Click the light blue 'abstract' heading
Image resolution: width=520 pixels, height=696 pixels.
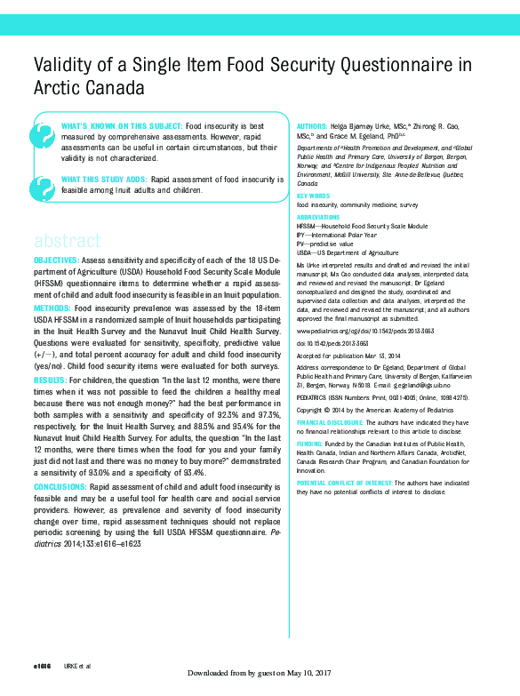click(68, 241)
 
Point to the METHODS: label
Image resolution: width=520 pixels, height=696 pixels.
click(52, 308)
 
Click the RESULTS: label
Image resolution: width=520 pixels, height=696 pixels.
click(51, 380)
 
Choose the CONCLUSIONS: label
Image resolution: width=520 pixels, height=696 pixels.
click(60, 487)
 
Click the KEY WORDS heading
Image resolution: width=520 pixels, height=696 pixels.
click(313, 196)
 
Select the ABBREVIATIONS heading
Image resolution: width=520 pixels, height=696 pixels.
click(317, 217)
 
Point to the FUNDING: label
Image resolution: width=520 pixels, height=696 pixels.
click(310, 443)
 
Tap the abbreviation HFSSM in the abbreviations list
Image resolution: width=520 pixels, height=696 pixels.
click(308, 227)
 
